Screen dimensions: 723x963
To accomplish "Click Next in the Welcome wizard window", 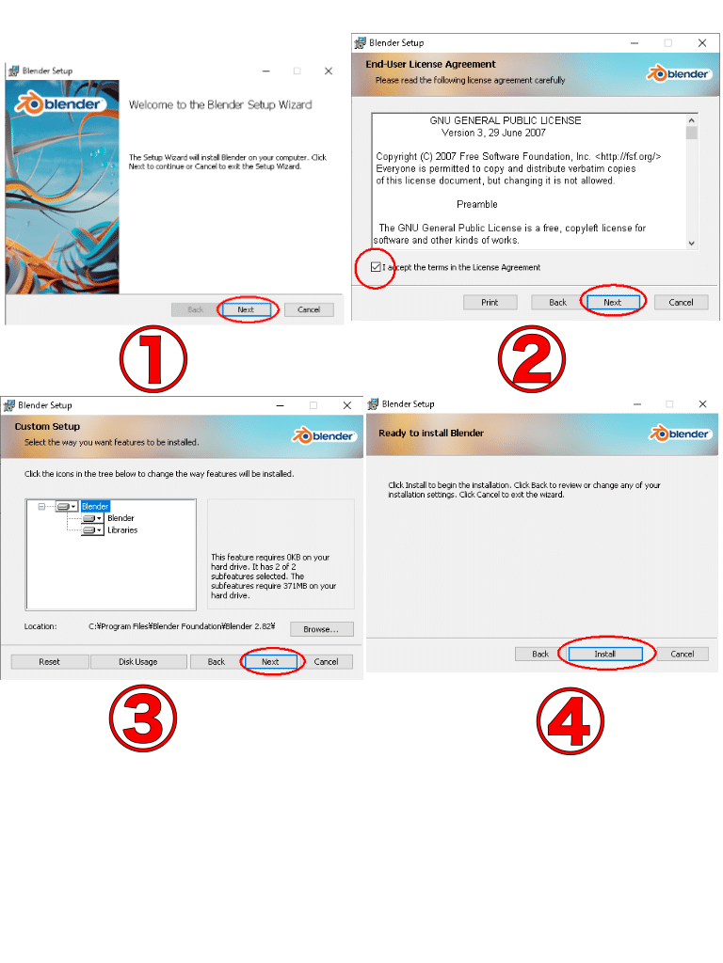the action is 246,309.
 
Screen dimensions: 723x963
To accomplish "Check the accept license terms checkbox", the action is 376,267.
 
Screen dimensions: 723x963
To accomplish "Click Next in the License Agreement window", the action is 612,302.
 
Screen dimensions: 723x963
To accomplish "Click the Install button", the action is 605,655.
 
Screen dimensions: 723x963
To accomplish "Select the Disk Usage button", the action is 138,661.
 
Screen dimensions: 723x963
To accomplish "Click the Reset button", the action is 49,661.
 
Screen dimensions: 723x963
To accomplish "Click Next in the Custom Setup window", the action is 270,661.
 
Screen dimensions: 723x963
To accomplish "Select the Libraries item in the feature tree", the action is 122,530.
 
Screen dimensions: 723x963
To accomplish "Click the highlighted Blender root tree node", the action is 95,507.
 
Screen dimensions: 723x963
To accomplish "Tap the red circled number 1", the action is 153,359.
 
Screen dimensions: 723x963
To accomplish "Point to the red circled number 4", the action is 570,721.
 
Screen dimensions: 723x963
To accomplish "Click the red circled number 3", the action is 143,718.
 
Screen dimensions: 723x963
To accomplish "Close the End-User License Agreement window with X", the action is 702,43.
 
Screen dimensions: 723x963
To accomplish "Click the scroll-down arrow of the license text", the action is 692,244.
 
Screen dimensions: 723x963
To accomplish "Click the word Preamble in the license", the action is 477,204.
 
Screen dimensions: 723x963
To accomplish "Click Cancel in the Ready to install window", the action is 683,655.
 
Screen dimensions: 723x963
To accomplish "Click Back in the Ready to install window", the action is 540,655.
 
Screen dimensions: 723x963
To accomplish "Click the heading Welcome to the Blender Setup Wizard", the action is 220,105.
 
